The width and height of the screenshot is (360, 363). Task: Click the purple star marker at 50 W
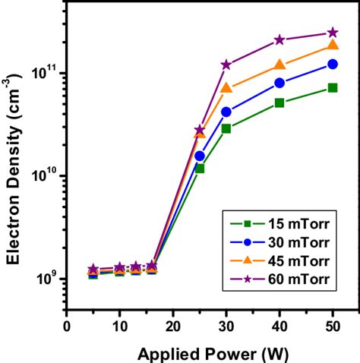(332, 33)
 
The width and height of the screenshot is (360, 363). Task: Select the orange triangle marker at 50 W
(332, 46)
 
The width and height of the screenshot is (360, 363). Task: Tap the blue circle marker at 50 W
(332, 65)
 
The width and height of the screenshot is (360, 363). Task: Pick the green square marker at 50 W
(332, 88)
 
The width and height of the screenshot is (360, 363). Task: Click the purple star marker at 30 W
(226, 65)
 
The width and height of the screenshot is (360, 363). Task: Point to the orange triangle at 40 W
(279, 65)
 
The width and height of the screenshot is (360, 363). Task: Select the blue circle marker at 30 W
(226, 112)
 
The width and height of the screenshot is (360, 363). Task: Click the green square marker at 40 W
(279, 103)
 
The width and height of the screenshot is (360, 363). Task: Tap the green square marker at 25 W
(200, 168)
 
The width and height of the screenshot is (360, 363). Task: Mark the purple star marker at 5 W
(93, 270)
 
